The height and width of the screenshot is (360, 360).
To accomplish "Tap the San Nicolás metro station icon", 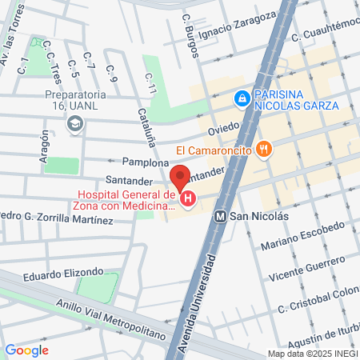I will click(221, 216).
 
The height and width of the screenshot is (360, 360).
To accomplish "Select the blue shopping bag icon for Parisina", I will click(241, 98).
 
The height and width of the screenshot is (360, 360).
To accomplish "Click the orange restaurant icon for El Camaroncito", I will click(263, 148).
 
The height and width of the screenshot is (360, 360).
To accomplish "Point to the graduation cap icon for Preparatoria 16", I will click(75, 123).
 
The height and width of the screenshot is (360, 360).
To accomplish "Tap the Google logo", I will click(26, 350).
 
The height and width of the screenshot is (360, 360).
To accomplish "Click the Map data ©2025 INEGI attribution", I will click(313, 354).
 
